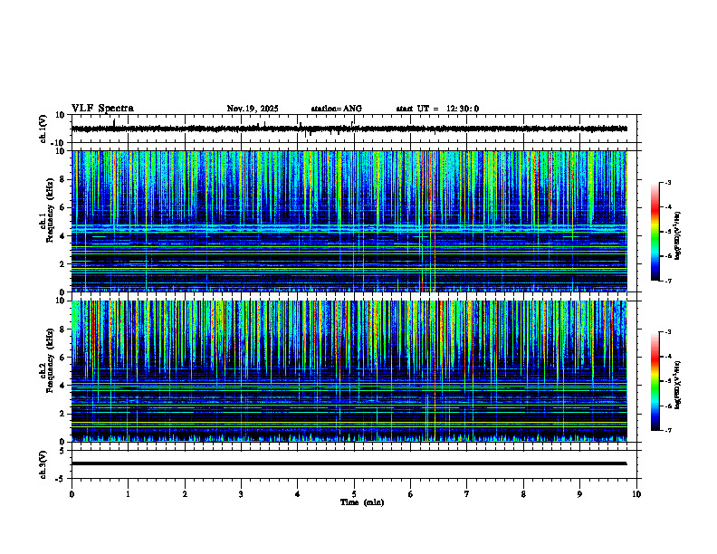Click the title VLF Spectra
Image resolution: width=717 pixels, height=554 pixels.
click(102, 109)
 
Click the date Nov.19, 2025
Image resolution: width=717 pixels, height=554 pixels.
click(253, 109)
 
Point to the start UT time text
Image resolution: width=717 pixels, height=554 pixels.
click(437, 109)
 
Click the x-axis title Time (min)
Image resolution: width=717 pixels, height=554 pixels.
click(361, 501)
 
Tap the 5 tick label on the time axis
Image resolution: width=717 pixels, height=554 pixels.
click(354, 494)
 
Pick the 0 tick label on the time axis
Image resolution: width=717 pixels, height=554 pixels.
click(72, 494)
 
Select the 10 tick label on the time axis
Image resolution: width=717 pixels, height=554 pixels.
click(636, 494)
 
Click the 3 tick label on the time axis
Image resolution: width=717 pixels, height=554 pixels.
click(241, 494)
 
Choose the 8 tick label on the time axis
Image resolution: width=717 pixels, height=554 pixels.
click(523, 494)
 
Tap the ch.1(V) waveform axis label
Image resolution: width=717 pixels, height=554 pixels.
click(43, 129)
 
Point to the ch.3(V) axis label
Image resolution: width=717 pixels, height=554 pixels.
click(43, 463)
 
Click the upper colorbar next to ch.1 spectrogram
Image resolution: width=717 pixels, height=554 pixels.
click(655, 232)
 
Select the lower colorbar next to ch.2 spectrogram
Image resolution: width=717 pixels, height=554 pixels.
click(655, 381)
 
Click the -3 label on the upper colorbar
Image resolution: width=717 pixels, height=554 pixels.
click(667, 183)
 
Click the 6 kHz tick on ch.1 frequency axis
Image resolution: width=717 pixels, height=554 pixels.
click(62, 207)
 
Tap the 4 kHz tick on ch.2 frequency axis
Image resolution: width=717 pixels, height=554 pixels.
click(62, 385)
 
